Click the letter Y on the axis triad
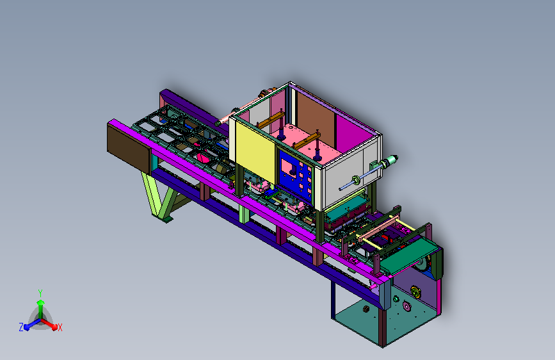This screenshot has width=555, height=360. pyautogui.click(x=40, y=293)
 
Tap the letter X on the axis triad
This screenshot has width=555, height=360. pyautogui.click(x=60, y=327)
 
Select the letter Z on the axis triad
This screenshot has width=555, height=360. pyautogui.click(x=21, y=327)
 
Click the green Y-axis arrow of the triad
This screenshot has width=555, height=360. pyautogui.click(x=41, y=309)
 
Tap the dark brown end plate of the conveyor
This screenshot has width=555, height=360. pyautogui.click(x=129, y=148)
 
